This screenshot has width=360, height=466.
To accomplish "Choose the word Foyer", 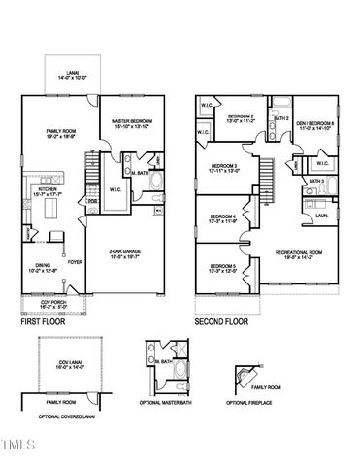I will [75, 262].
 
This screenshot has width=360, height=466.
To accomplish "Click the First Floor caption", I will [45, 321].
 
